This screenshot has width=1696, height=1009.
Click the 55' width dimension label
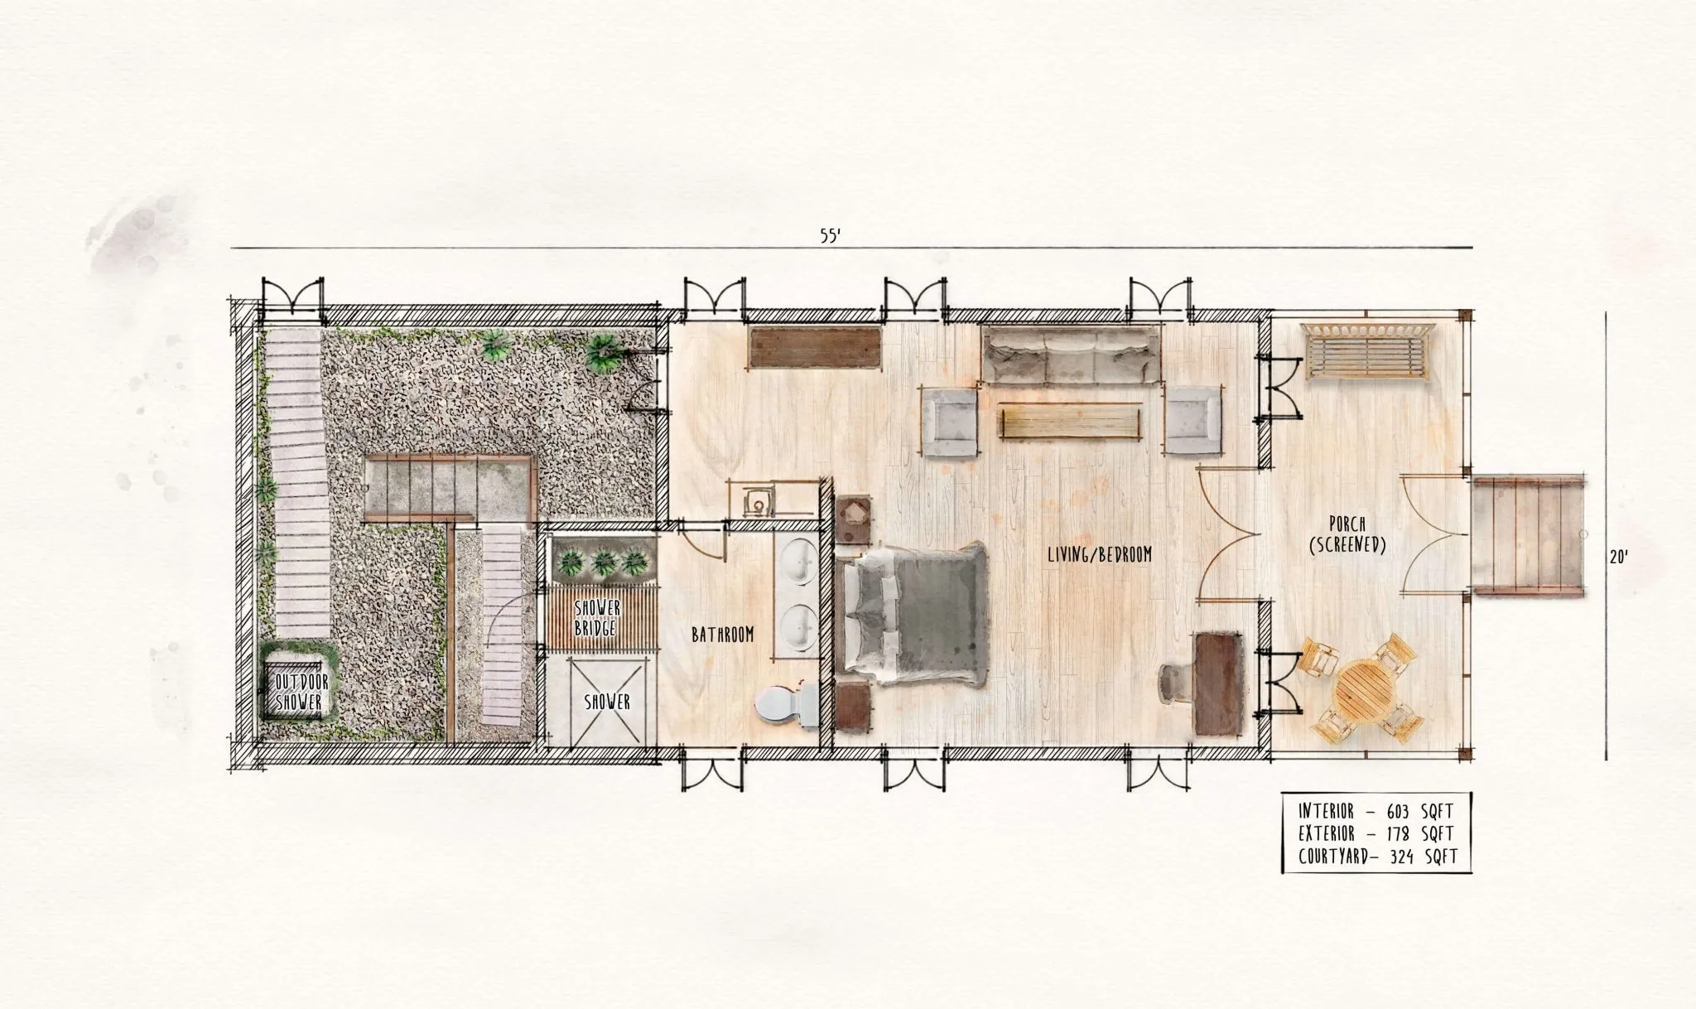831,235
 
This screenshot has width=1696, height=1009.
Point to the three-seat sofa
1070,355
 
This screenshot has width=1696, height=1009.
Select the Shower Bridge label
596,618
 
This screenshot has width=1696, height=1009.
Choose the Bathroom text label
723,635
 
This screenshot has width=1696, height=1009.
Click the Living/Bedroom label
1099,554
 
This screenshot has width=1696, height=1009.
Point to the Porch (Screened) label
1346,533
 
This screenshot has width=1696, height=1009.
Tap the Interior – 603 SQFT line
1376,810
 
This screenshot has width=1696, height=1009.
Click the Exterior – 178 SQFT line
1376,833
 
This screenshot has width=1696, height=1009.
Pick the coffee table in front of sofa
1072,422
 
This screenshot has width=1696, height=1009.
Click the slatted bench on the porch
1367,352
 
